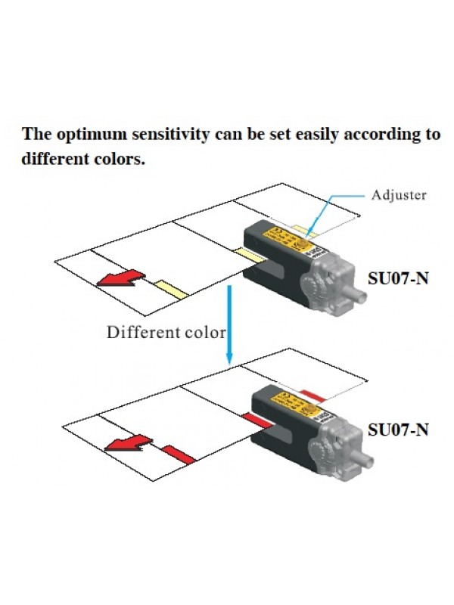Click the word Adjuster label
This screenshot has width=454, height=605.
pyautogui.click(x=398, y=194)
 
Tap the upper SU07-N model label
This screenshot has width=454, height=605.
pyautogui.click(x=398, y=278)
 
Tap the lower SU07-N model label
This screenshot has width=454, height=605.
pyautogui.click(x=398, y=430)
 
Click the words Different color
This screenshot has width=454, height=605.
pyautogui.click(x=166, y=331)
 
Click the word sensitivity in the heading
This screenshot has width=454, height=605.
pyautogui.click(x=162, y=135)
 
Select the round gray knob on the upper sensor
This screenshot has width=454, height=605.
pyautogui.click(x=318, y=289)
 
